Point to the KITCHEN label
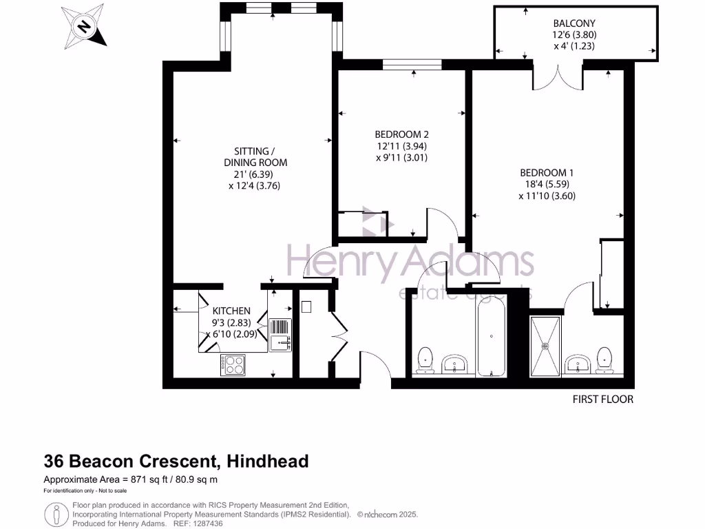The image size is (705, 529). point(231,311)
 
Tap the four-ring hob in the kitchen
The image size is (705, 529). point(233,364)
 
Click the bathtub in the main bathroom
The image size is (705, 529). point(491,336)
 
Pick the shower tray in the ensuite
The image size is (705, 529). point(546,346)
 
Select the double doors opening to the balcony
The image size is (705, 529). point(558,76)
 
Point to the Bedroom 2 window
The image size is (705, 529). point(412,65)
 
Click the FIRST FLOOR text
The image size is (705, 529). point(602,400)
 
